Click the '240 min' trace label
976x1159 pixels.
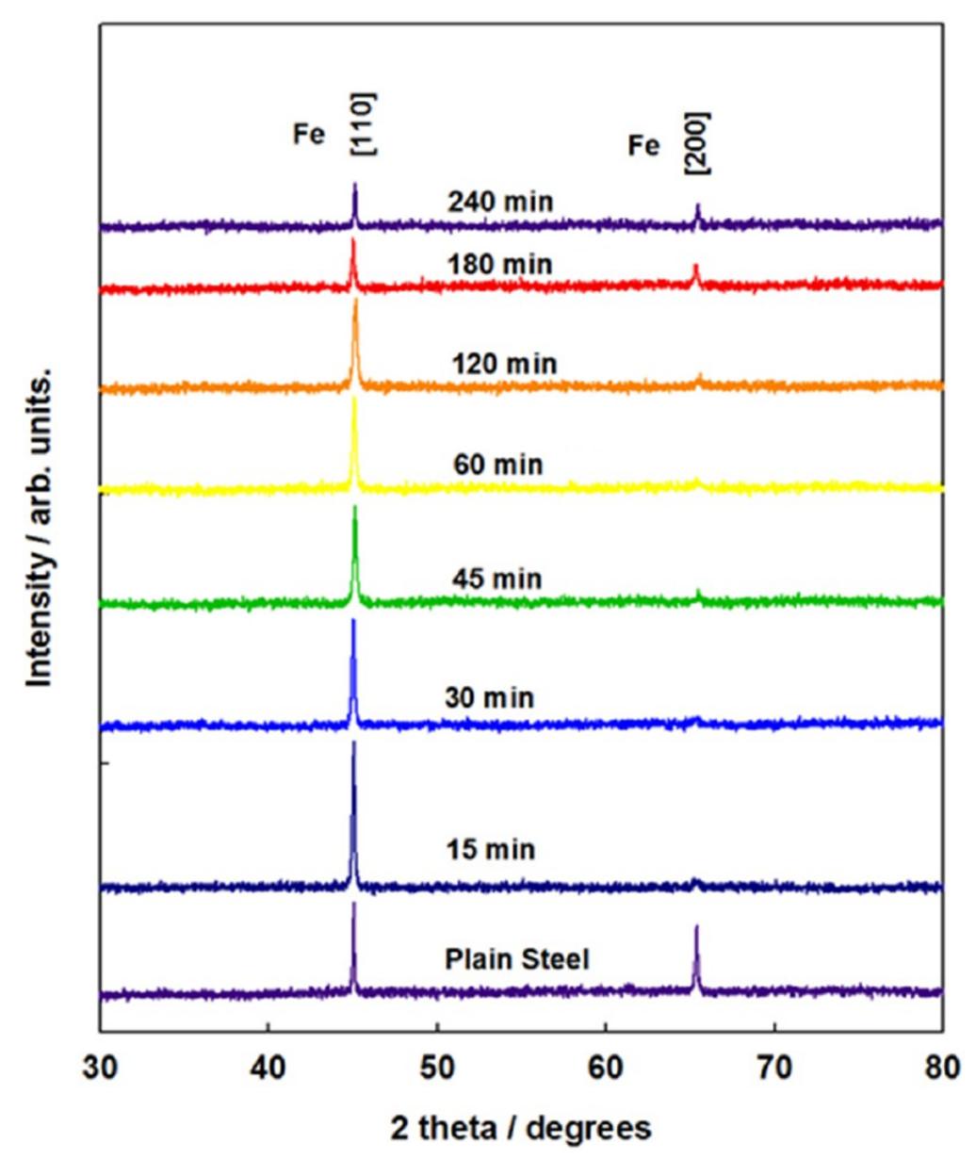click(x=500, y=203)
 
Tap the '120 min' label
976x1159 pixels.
click(x=504, y=364)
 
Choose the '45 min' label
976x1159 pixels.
click(x=496, y=578)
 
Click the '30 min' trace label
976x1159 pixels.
click(x=489, y=698)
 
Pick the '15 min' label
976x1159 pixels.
click(x=491, y=850)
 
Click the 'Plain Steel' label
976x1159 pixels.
click(x=517, y=959)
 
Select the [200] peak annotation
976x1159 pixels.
click(x=699, y=143)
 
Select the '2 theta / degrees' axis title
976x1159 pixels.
click(x=520, y=1127)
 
